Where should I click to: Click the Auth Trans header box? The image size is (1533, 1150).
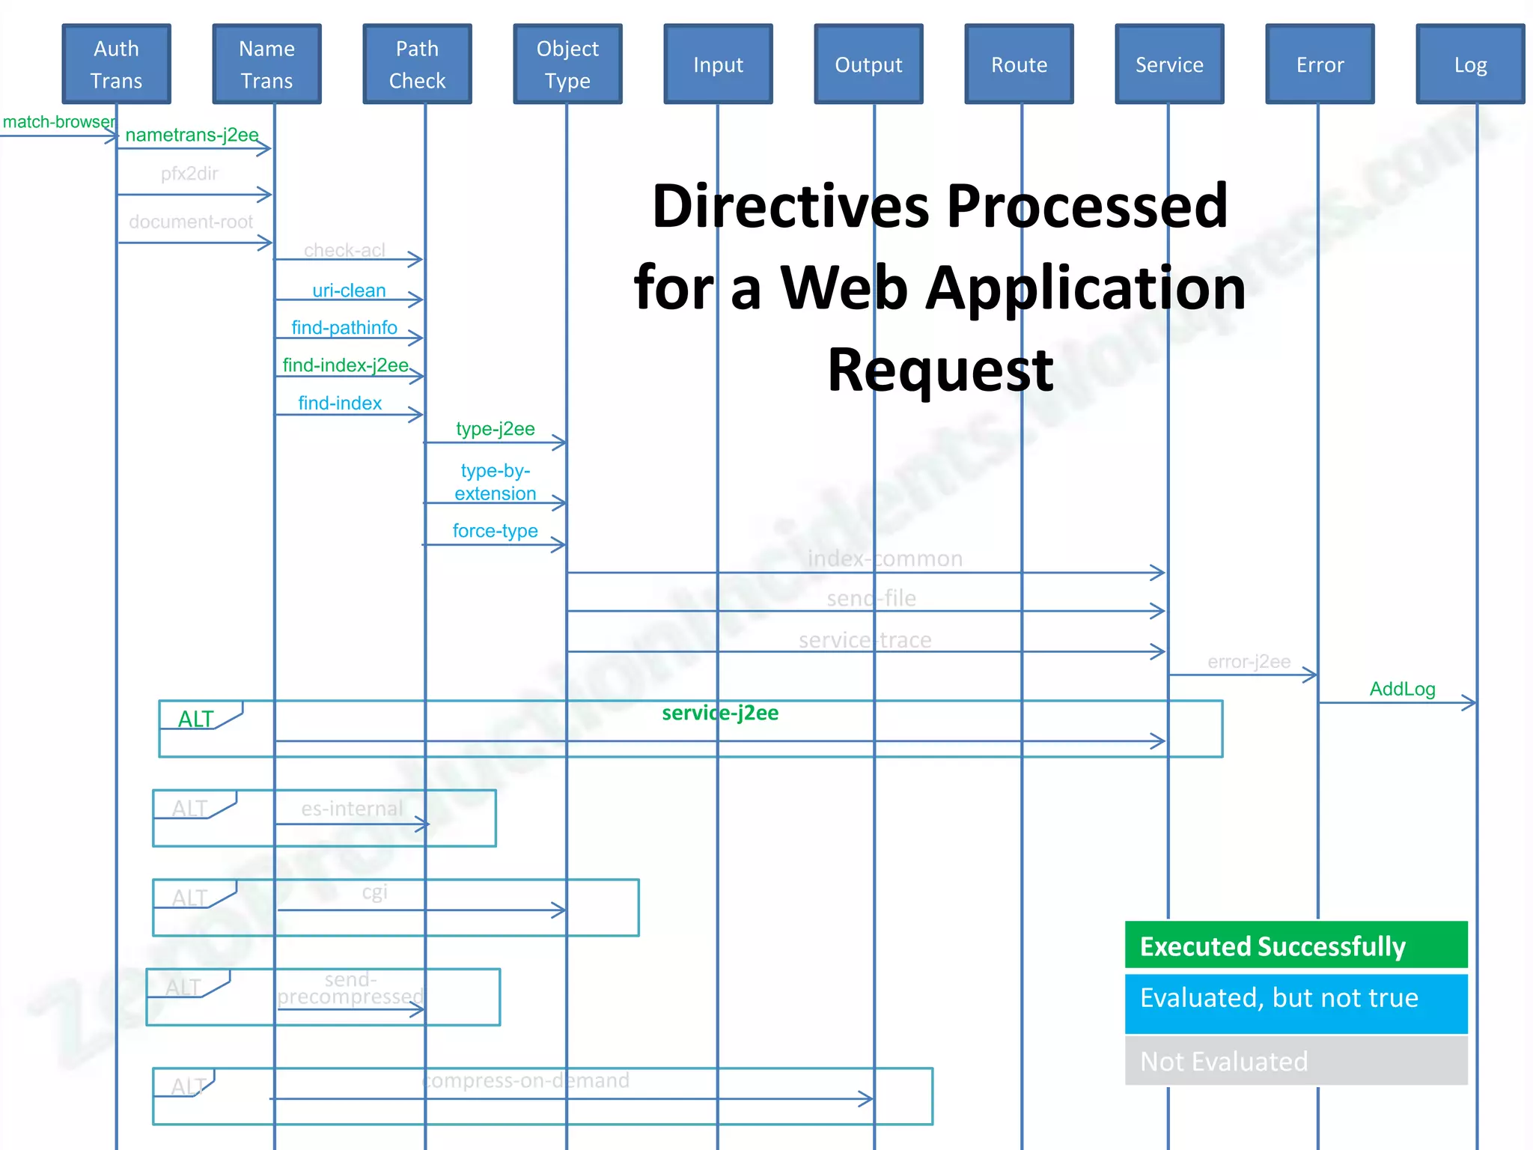pos(116,64)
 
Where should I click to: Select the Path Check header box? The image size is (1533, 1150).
pos(417,64)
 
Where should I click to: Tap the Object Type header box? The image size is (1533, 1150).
pos(567,64)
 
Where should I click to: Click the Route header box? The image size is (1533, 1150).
pos(1019,64)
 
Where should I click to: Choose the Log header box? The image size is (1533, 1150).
pos(1470,64)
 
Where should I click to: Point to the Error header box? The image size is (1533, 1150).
pos(1320,64)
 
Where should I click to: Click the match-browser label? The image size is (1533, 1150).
pos(58,122)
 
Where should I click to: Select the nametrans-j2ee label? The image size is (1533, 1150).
pos(192,135)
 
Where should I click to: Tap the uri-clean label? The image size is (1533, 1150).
pos(349,290)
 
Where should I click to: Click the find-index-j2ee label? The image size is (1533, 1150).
pos(345,365)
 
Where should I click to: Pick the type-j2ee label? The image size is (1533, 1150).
pos(495,429)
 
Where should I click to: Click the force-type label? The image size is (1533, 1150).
pos(495,531)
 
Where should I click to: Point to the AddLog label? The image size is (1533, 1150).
pos(1402,689)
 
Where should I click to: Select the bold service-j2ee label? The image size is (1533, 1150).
pos(719,713)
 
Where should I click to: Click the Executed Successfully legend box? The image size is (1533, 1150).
pos(1296,946)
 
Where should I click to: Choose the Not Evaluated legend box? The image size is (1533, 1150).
pos(1296,1061)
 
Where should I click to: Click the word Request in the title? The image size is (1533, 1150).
pos(940,370)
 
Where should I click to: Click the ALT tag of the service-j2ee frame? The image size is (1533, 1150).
pos(196,719)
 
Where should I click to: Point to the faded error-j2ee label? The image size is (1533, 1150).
pos(1249,662)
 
